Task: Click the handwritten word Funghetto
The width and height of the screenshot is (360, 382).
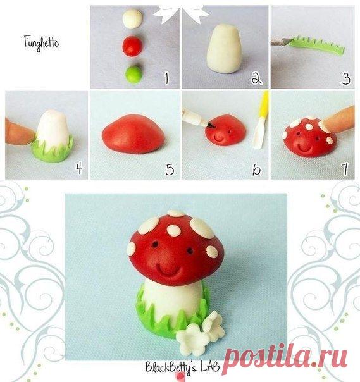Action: [x=41, y=43]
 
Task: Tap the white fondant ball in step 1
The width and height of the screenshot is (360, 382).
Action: [x=132, y=19]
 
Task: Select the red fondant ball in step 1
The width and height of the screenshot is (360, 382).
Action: [x=132, y=46]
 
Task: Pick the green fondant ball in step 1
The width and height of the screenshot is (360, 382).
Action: [x=133, y=75]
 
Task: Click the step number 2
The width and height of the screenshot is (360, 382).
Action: [x=257, y=78]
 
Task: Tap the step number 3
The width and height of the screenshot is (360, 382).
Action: [x=346, y=78]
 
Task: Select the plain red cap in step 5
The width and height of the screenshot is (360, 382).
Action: [x=133, y=134]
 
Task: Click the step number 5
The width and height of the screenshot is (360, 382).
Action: [x=170, y=169]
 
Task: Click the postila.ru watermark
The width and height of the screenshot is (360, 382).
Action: [x=285, y=357]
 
